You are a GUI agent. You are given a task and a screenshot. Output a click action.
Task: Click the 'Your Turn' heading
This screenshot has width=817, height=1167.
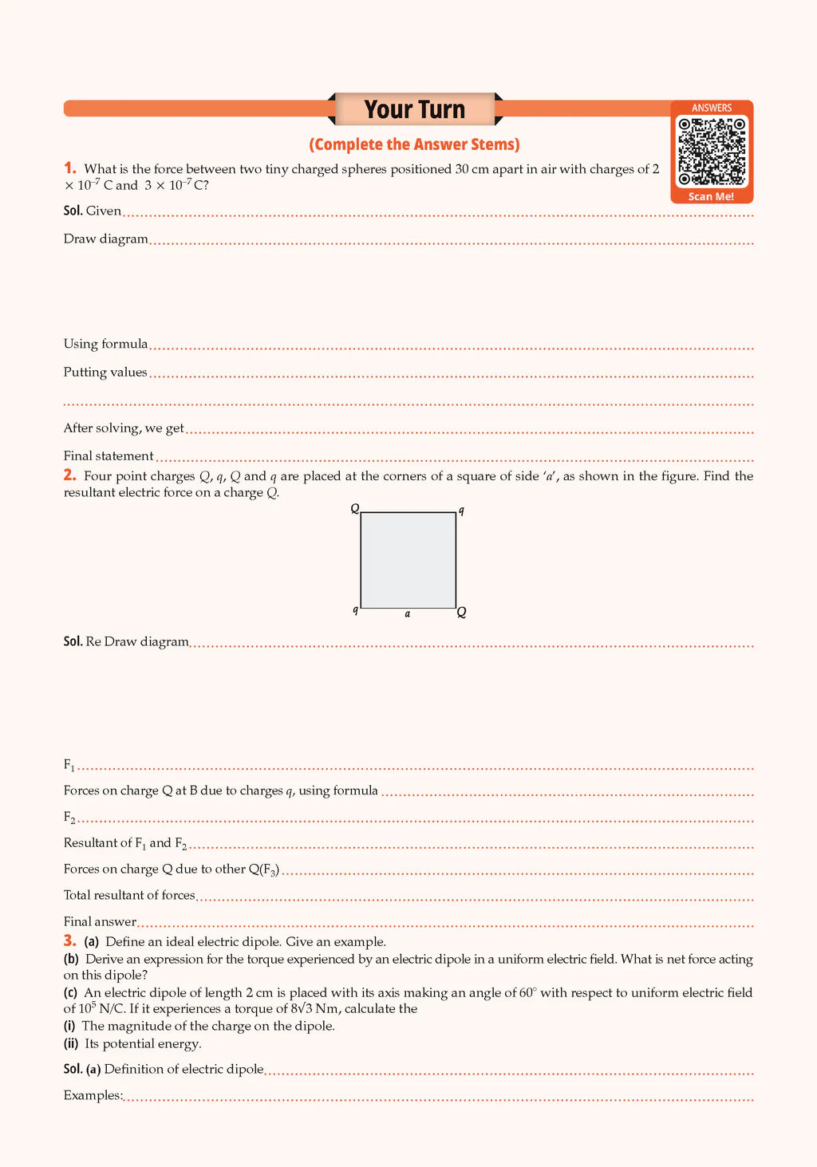point(414,109)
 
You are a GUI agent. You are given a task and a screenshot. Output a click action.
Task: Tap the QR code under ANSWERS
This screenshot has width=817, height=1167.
point(712,151)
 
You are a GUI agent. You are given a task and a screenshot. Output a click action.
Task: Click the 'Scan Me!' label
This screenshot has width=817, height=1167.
point(711,196)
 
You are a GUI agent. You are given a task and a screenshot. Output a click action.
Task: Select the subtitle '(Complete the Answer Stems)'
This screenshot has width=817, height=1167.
point(414,144)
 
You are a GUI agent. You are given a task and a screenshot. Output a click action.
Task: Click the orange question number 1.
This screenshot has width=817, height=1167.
point(70,168)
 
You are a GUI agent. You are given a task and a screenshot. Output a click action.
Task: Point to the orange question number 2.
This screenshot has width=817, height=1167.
point(70,475)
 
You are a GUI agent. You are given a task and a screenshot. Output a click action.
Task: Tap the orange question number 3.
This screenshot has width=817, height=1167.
point(70,940)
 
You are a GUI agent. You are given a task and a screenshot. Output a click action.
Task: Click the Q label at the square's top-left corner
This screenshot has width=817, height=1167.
point(355,508)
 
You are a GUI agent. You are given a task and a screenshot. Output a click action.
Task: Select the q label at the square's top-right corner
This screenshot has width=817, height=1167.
point(461,510)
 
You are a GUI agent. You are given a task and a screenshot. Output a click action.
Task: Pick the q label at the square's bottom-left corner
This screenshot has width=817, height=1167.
point(355,609)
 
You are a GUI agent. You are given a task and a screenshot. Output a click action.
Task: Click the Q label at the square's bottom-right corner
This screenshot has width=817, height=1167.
point(461,612)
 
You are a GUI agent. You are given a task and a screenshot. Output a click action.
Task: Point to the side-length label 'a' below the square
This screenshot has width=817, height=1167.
point(408,613)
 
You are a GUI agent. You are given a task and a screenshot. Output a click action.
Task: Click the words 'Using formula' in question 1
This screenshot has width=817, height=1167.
point(105,344)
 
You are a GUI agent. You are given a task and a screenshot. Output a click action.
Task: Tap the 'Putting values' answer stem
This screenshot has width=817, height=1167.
point(105,372)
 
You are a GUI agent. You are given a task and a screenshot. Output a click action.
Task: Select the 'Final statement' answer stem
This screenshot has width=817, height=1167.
point(109,455)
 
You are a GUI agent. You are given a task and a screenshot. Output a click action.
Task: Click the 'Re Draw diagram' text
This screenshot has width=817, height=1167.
point(137,641)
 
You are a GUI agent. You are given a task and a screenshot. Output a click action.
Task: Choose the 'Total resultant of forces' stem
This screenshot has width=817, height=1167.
point(129,895)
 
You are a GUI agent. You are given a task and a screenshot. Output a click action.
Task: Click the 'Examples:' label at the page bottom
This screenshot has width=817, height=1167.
point(93,1095)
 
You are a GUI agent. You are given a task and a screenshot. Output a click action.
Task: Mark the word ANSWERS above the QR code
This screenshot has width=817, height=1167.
point(712,108)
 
